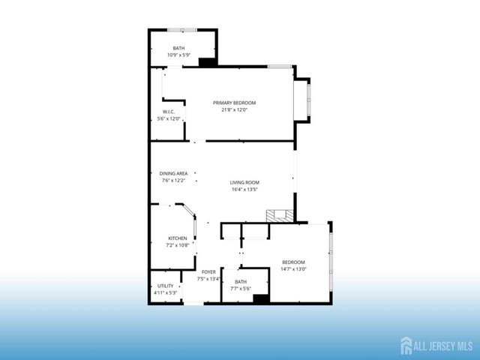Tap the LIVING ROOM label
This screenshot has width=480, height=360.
[x=244, y=182]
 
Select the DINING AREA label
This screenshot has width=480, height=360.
[x=172, y=173]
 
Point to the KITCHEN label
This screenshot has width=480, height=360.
[x=177, y=238]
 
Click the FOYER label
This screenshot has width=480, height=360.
[x=208, y=271]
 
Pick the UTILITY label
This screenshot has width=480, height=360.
[x=165, y=286]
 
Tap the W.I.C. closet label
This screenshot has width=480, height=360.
[x=169, y=112]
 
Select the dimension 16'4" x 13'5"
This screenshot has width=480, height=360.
[x=244, y=190]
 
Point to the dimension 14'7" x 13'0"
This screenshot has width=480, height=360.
[x=293, y=269]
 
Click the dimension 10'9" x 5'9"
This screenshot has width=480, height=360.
[x=178, y=55]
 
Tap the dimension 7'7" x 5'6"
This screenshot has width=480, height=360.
[x=241, y=289]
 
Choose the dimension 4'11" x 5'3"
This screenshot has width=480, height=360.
[x=165, y=292]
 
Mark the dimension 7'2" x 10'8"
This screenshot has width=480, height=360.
[x=177, y=245]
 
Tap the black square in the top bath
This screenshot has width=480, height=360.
[x=208, y=63]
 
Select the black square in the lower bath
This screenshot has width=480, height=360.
[x=261, y=298]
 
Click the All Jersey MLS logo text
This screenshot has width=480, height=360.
[x=442, y=346]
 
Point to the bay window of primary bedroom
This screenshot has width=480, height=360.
[x=307, y=99]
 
